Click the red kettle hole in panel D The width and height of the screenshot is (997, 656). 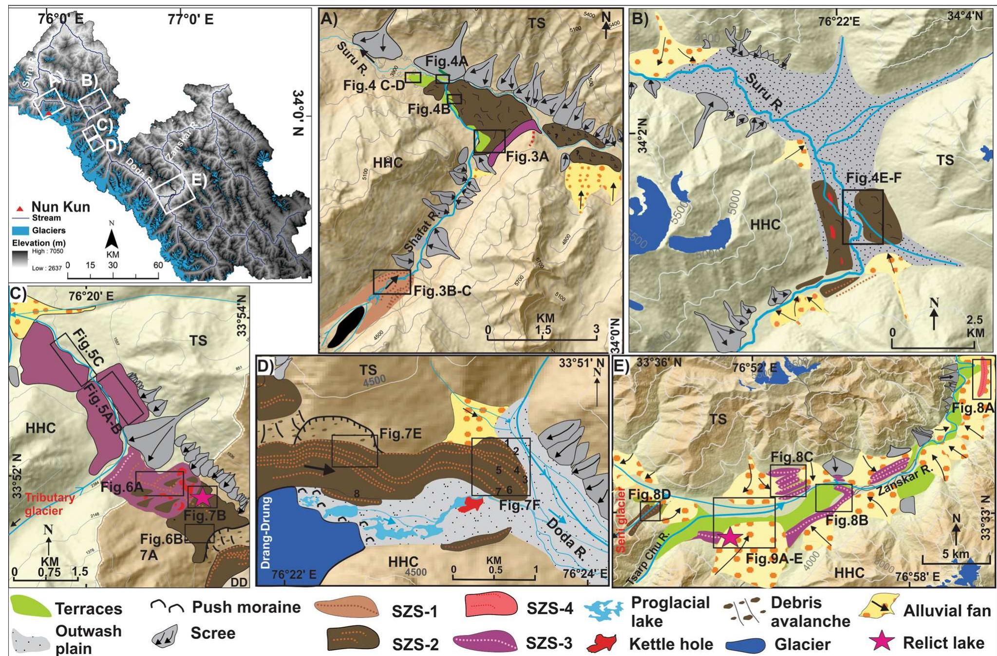point(470,505)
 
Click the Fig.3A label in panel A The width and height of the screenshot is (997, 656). point(527,157)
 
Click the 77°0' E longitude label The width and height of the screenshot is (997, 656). point(190,19)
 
